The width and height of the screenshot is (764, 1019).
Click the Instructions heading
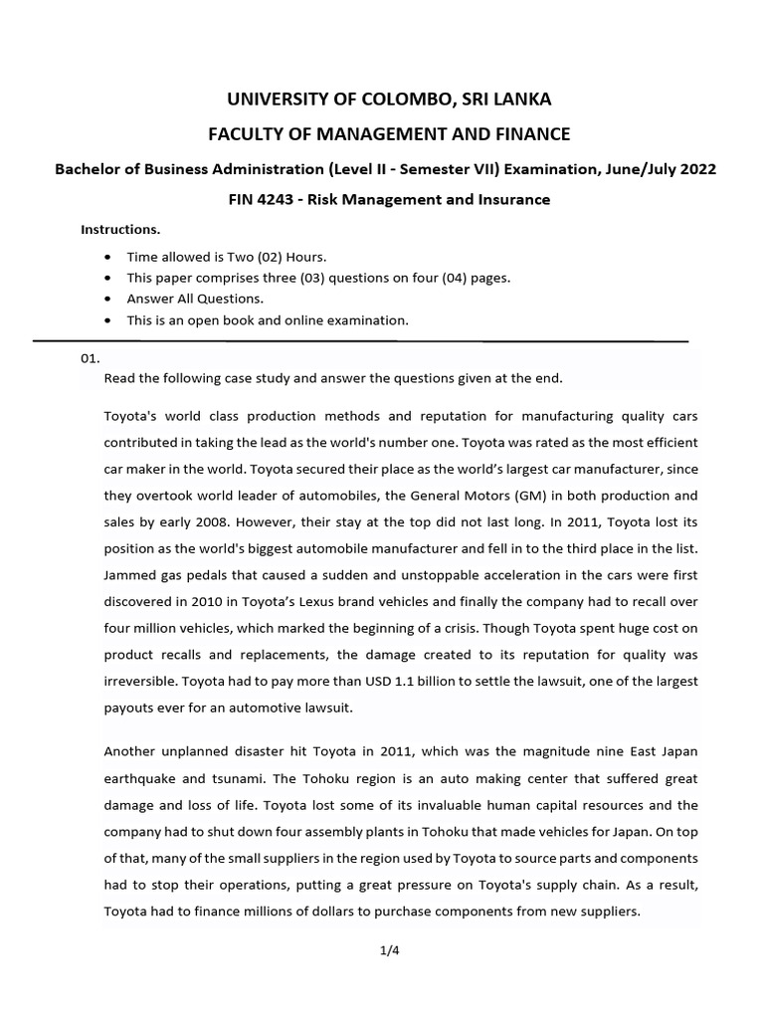(120, 230)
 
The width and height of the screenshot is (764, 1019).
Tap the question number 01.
(91, 359)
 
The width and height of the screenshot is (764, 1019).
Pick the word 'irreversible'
(143, 682)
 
